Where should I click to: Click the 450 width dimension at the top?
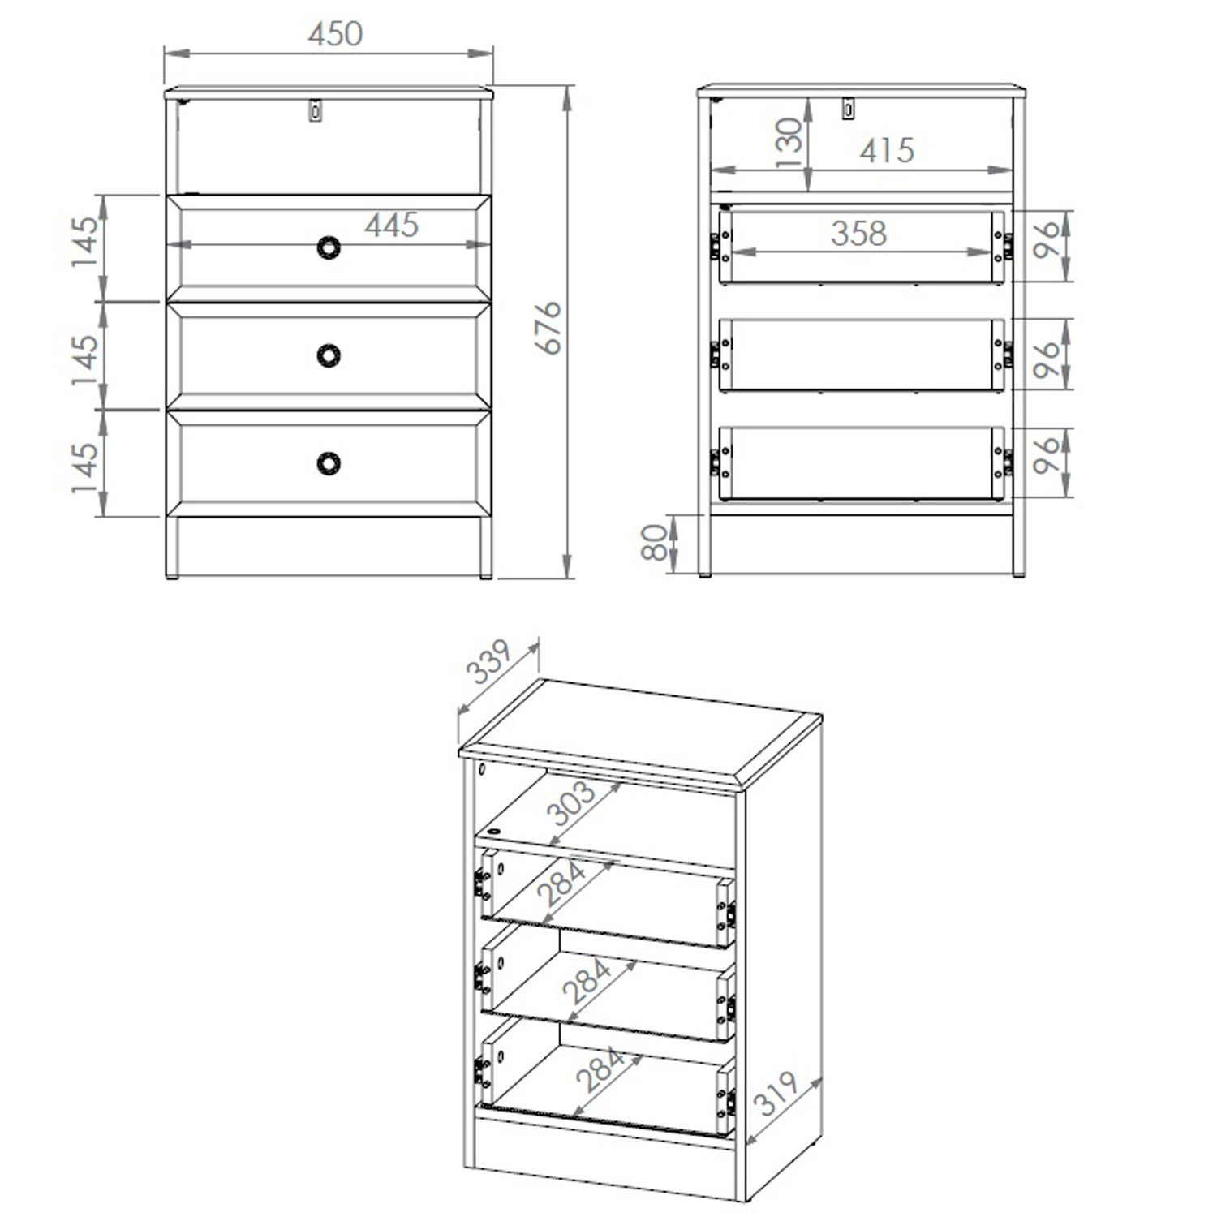[335, 33]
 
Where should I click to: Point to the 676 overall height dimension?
[550, 327]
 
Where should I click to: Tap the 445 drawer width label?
[391, 225]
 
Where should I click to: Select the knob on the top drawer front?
[328, 247]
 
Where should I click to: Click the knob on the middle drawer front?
[328, 355]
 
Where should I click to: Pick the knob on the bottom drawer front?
[328, 462]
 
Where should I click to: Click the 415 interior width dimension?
[886, 151]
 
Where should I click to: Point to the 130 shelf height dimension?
[789, 143]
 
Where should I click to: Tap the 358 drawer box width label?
[858, 234]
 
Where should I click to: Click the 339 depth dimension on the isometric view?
[488, 664]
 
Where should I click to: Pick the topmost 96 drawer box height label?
[1047, 239]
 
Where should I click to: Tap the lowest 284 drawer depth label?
[600, 1069]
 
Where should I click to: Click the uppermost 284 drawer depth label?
[561, 884]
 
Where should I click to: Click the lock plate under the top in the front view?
[316, 110]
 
